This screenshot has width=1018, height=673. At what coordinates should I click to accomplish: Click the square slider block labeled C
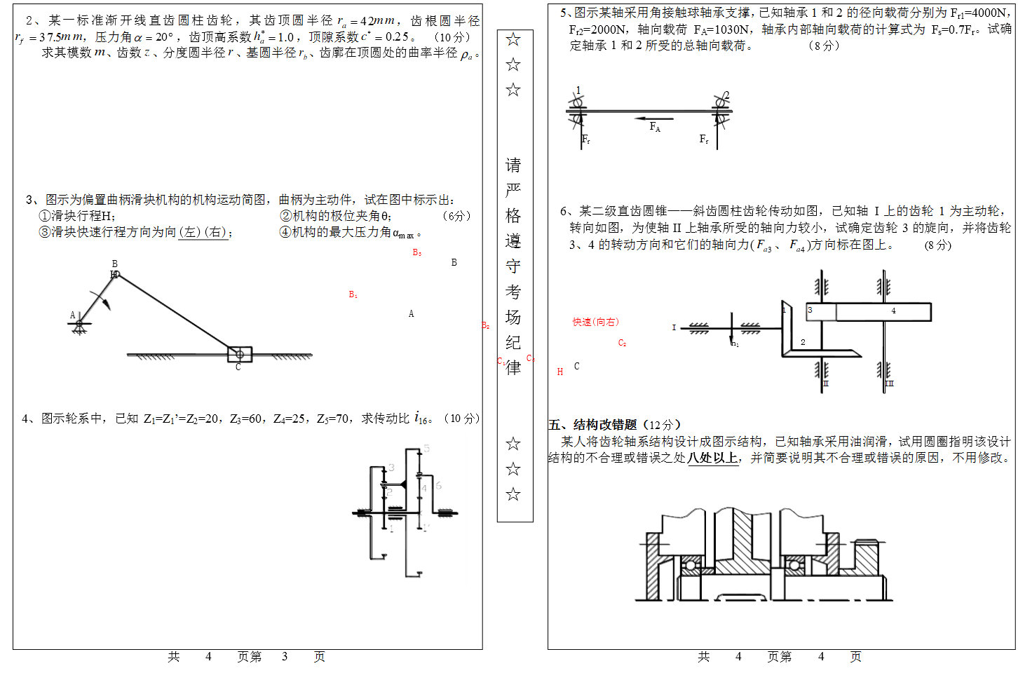239,354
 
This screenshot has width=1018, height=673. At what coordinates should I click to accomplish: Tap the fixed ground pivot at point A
79,324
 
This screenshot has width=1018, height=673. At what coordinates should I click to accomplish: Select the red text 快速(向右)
595,322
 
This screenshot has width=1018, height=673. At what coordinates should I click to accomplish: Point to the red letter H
559,372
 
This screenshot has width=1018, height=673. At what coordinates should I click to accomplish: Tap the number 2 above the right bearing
726,95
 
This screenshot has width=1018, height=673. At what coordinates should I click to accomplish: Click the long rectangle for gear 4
883,311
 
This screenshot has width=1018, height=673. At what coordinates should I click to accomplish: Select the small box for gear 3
820,311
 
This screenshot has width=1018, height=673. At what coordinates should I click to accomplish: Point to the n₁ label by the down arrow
735,344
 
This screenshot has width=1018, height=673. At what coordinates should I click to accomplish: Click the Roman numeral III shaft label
889,383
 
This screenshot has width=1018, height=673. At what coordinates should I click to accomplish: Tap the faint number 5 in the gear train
426,448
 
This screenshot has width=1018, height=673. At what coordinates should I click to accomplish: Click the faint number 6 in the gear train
438,485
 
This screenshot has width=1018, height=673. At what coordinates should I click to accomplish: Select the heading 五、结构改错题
592,424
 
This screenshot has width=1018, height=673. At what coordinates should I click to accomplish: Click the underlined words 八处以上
712,458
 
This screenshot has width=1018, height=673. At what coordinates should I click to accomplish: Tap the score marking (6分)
456,216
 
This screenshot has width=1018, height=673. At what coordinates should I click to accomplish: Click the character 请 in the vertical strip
513,165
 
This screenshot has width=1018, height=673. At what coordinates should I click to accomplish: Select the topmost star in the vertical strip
513,39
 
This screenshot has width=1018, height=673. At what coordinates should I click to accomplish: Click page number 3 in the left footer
285,656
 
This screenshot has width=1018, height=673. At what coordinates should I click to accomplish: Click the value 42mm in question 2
377,20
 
